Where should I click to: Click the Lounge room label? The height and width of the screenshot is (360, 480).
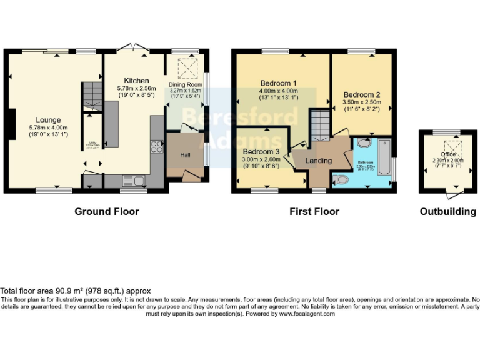(48, 120)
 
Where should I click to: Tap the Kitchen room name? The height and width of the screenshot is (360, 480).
(136, 81)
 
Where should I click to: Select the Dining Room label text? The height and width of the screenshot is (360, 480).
(186, 84)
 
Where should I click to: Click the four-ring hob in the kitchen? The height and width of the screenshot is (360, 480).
(156, 147)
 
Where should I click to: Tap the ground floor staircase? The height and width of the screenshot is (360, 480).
(91, 97)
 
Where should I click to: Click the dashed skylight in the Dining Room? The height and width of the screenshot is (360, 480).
(186, 67)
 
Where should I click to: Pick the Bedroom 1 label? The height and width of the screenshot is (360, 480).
(278, 83)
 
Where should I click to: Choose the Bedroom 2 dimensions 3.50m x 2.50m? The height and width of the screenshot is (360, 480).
(361, 102)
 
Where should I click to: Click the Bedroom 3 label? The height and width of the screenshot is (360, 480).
(261, 152)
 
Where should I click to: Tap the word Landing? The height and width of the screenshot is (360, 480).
(318, 161)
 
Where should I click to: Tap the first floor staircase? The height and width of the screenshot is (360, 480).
(319, 125)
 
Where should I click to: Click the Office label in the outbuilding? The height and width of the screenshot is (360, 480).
(447, 154)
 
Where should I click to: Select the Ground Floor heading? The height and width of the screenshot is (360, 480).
(107, 212)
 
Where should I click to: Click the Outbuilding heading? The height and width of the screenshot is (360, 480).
(447, 212)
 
